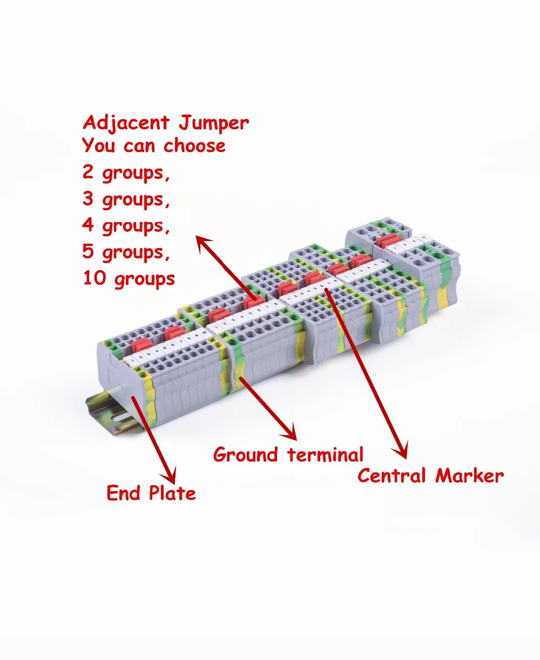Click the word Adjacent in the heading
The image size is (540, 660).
click(x=126, y=123)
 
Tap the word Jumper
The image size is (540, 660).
click(x=214, y=123)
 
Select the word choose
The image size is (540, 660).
click(x=194, y=146)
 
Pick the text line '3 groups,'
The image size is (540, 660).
click(x=126, y=199)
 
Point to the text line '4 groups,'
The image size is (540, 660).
click(x=126, y=225)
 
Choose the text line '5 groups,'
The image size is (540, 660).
click(x=126, y=252)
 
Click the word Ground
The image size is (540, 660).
click(x=246, y=455)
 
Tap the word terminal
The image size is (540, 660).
click(x=326, y=455)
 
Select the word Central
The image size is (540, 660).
click(x=391, y=476)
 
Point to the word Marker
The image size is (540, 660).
click(x=469, y=476)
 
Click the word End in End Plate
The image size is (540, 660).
click(x=123, y=493)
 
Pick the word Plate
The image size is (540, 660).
click(x=172, y=493)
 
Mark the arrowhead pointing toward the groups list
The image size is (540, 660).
click(x=203, y=243)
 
